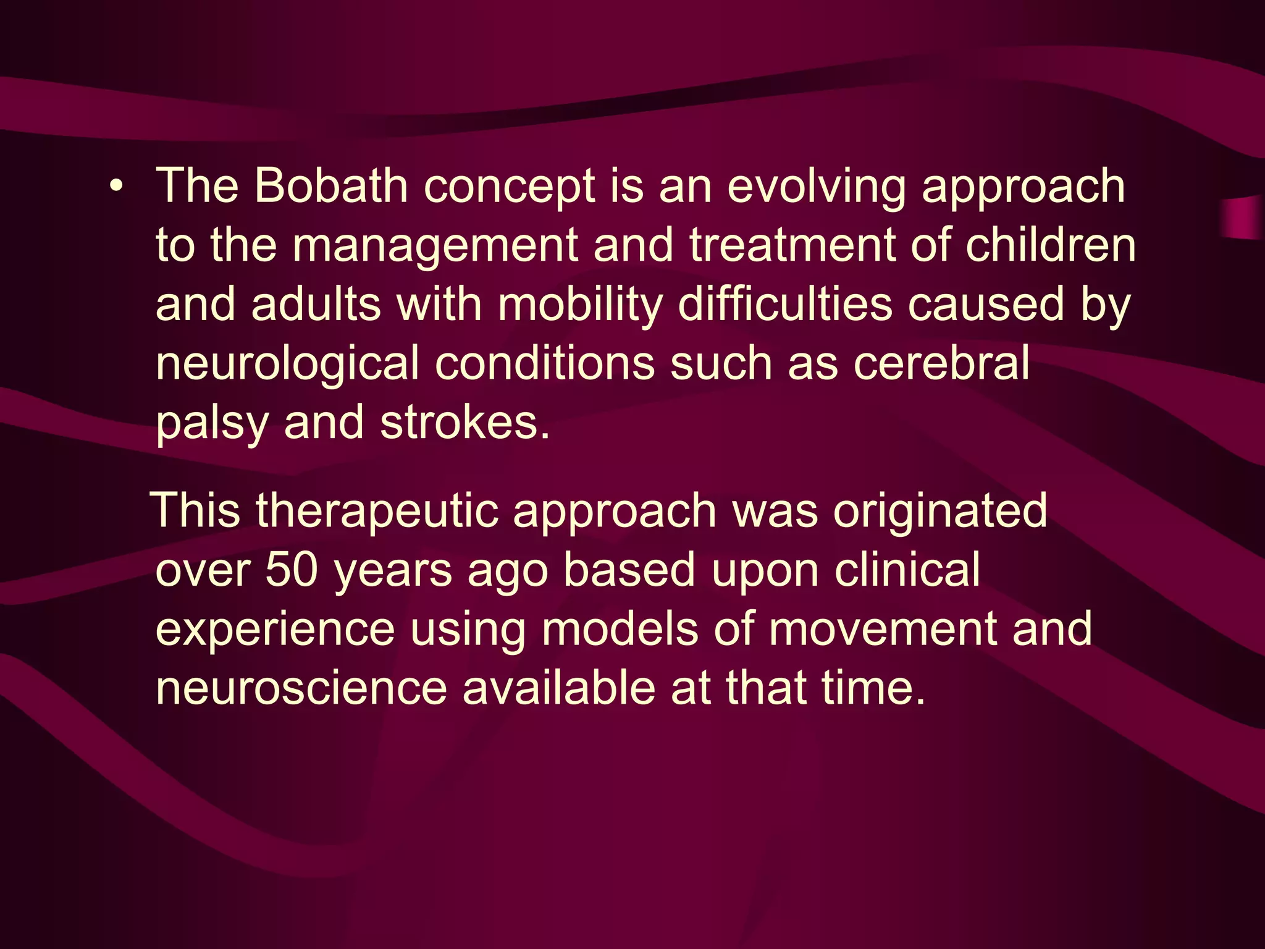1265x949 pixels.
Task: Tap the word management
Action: pos(435,246)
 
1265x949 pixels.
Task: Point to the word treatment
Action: pos(792,245)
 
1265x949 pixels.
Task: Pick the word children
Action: pos(1050,245)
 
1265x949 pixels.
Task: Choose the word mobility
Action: pos(580,305)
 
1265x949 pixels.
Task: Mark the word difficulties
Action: pos(785,304)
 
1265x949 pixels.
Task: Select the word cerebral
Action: pos(941,363)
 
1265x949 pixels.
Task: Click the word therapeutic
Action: pos(377,512)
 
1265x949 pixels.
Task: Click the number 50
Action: pos(292,570)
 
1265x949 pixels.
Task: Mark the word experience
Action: pos(275,629)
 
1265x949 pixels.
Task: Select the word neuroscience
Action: pos(301,688)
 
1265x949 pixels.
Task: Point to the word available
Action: pos(558,688)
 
